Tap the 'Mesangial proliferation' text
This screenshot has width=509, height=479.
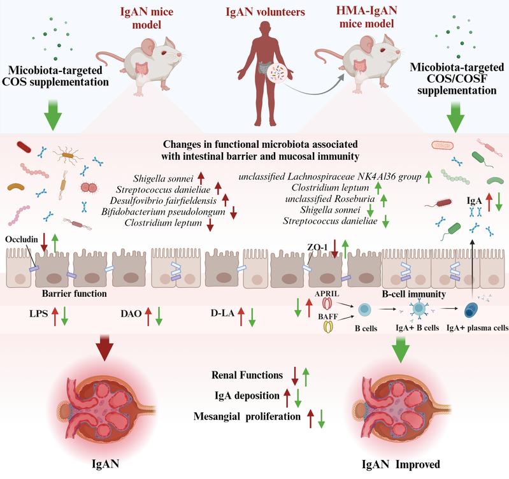245,417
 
